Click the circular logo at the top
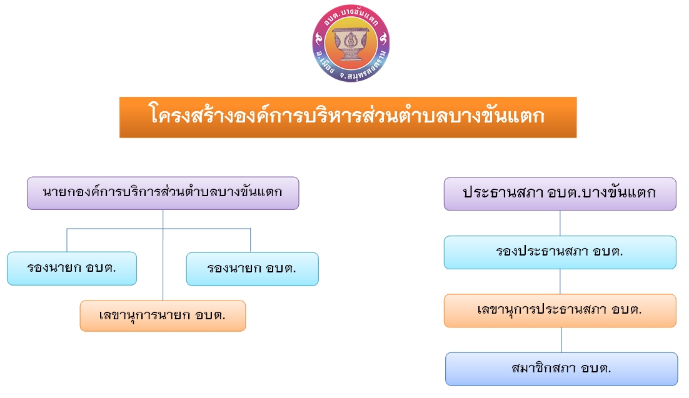[351, 43]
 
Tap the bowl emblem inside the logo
[351, 44]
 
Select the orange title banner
[348, 117]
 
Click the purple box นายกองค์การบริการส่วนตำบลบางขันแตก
[163, 193]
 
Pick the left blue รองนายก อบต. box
[72, 269]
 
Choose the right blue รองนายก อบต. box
[252, 269]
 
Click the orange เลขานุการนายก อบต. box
[163, 316]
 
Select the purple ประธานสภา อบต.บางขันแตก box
[560, 194]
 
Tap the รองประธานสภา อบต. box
[560, 252]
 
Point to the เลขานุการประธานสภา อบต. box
[560, 311]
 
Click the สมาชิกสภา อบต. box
[561, 369]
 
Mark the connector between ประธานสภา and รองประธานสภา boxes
[560, 223]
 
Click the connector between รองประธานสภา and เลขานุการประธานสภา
[560, 282]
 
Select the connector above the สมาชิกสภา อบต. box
[561, 339]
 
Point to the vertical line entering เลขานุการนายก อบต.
[163, 255]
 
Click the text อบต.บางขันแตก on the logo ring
[351, 16]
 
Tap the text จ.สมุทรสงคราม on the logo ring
[365, 67]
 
